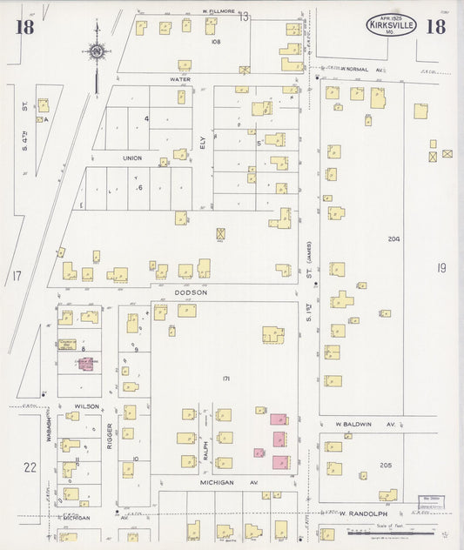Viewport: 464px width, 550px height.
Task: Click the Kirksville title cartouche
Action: [391, 23]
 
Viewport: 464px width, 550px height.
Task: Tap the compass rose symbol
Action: [98, 51]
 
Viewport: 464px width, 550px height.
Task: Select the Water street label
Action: [180, 78]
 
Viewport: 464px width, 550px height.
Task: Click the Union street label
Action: [132, 158]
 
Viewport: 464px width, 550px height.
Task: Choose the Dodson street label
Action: [191, 292]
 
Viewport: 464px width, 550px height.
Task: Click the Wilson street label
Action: [86, 406]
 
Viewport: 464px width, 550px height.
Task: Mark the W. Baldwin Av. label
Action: [366, 425]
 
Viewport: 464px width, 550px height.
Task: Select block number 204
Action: [393, 238]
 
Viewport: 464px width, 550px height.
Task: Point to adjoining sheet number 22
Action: [30, 467]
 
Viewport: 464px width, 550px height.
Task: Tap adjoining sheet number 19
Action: [441, 268]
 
